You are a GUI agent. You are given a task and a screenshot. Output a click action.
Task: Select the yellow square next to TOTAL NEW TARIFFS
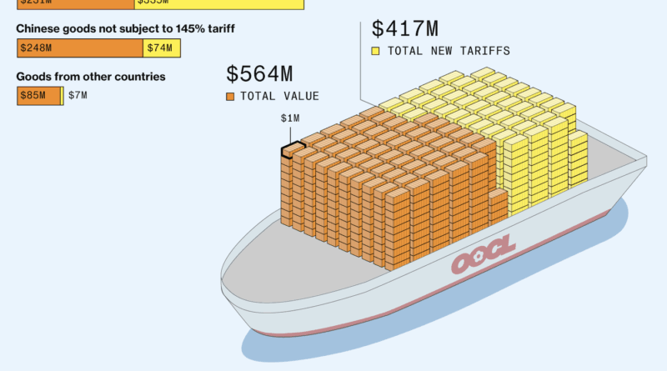click(376, 52)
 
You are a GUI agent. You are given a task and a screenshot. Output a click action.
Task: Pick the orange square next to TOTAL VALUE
click(230, 97)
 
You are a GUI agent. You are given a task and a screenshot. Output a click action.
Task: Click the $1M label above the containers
click(290, 118)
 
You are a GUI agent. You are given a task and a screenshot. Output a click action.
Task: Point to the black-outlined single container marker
click(293, 150)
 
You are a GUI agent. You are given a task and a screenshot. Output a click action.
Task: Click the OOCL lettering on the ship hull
click(484, 255)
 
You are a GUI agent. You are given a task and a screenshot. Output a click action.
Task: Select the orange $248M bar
click(80, 48)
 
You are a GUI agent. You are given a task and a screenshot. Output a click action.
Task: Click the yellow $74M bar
click(161, 48)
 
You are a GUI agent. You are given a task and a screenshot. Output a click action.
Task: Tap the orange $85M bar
click(39, 96)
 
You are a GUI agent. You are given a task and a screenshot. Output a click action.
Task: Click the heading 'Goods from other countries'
click(91, 77)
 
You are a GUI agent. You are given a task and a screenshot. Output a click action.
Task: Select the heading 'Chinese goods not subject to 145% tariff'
click(125, 29)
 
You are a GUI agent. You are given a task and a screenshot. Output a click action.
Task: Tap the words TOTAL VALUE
click(279, 97)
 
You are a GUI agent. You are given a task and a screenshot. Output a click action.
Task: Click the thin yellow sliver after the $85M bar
click(62, 96)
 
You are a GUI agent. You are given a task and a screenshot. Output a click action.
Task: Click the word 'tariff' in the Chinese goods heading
click(219, 29)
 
